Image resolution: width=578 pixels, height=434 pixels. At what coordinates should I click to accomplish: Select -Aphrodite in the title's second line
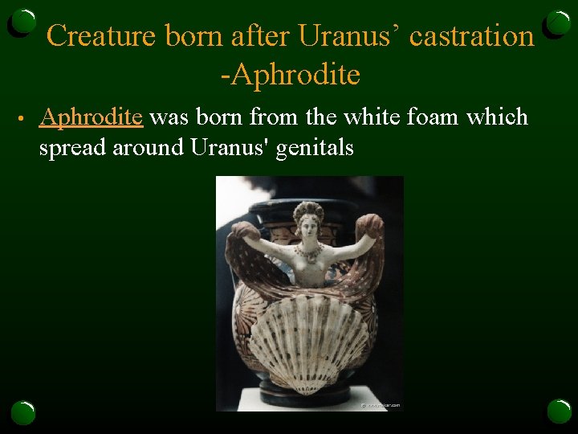click(x=290, y=75)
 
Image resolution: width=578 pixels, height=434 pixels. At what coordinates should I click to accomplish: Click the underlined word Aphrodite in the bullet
click(x=92, y=117)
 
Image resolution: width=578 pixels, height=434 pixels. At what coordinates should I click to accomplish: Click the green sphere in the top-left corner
click(x=24, y=23)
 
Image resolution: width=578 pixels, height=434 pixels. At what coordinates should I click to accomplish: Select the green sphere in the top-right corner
click(x=558, y=23)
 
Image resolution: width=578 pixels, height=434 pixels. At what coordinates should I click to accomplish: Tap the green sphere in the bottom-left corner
click(x=22, y=412)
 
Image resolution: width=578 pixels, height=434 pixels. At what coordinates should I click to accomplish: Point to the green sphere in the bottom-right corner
click(x=559, y=411)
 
